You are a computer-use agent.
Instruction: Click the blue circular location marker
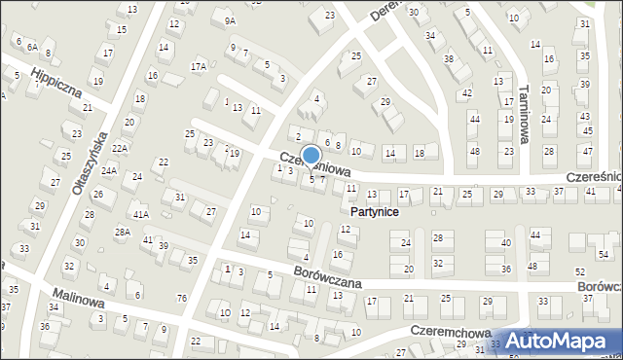311,155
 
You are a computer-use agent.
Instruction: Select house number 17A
199,66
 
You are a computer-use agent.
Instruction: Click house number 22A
120,148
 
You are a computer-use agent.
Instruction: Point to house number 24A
109,171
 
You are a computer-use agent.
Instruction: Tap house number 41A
141,214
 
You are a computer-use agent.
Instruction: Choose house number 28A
122,232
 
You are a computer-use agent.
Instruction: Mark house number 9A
230,20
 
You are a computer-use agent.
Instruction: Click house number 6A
32,47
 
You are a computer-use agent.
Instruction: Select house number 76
182,298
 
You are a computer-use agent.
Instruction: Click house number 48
474,152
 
